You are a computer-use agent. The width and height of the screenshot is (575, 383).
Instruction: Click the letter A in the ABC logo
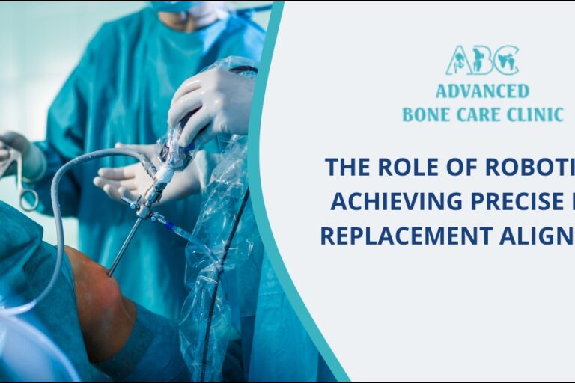pos(457,61)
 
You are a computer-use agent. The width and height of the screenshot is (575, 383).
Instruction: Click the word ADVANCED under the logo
pos(482,91)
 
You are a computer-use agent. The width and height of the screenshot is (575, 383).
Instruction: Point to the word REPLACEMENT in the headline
pos(401,235)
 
